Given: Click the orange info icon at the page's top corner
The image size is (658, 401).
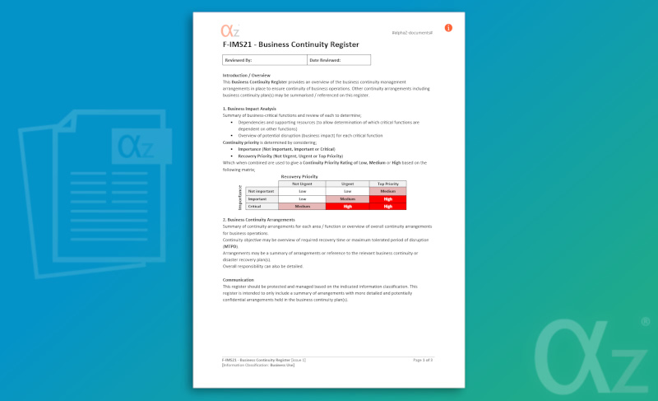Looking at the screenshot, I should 448,28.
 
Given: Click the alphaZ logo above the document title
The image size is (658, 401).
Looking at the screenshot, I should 230,31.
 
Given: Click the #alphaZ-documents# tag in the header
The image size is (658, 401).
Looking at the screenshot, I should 413,34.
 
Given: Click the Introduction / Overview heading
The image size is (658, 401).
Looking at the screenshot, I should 247,75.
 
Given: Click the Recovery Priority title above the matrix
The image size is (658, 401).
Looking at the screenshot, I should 299,176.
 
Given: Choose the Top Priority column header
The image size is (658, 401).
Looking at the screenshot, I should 387,184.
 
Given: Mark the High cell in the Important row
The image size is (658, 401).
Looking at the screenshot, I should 387,198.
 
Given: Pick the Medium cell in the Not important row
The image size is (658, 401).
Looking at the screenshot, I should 387,191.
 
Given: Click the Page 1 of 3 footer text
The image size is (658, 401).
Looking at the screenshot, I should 423,360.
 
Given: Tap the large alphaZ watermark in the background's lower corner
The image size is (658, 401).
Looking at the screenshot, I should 593,351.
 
